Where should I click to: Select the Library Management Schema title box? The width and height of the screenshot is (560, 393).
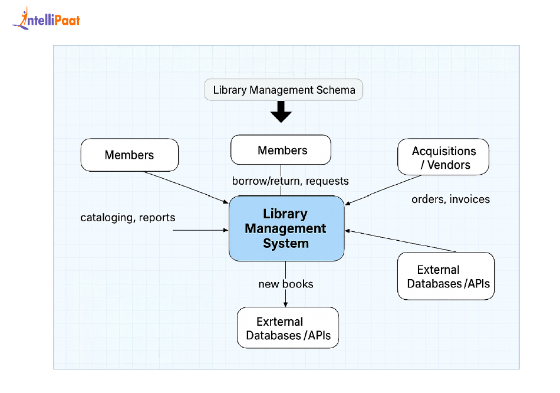[284, 90]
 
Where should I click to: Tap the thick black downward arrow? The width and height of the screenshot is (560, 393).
[281, 112]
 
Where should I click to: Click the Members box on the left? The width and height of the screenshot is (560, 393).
[129, 155]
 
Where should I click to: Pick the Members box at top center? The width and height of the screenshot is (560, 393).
[281, 150]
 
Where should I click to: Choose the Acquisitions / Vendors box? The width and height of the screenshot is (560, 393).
[443, 158]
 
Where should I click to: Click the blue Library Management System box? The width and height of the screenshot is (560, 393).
[286, 228]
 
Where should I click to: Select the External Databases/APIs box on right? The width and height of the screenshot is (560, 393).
[446, 276]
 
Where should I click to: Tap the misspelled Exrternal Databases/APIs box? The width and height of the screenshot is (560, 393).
[288, 328]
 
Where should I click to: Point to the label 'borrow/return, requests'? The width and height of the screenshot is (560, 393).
[290, 181]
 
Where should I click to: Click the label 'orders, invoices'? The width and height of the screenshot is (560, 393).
[450, 199]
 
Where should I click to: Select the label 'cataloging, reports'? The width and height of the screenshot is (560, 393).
[127, 218]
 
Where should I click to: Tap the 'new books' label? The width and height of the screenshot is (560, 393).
[285, 284]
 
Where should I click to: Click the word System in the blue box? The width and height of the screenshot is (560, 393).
[286, 243]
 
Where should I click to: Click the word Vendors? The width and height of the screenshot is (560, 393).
[449, 165]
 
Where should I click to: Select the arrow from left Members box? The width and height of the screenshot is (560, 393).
[186, 186]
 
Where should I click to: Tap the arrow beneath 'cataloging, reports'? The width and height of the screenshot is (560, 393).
[200, 230]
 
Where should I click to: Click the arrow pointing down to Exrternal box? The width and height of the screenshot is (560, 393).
[285, 298]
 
